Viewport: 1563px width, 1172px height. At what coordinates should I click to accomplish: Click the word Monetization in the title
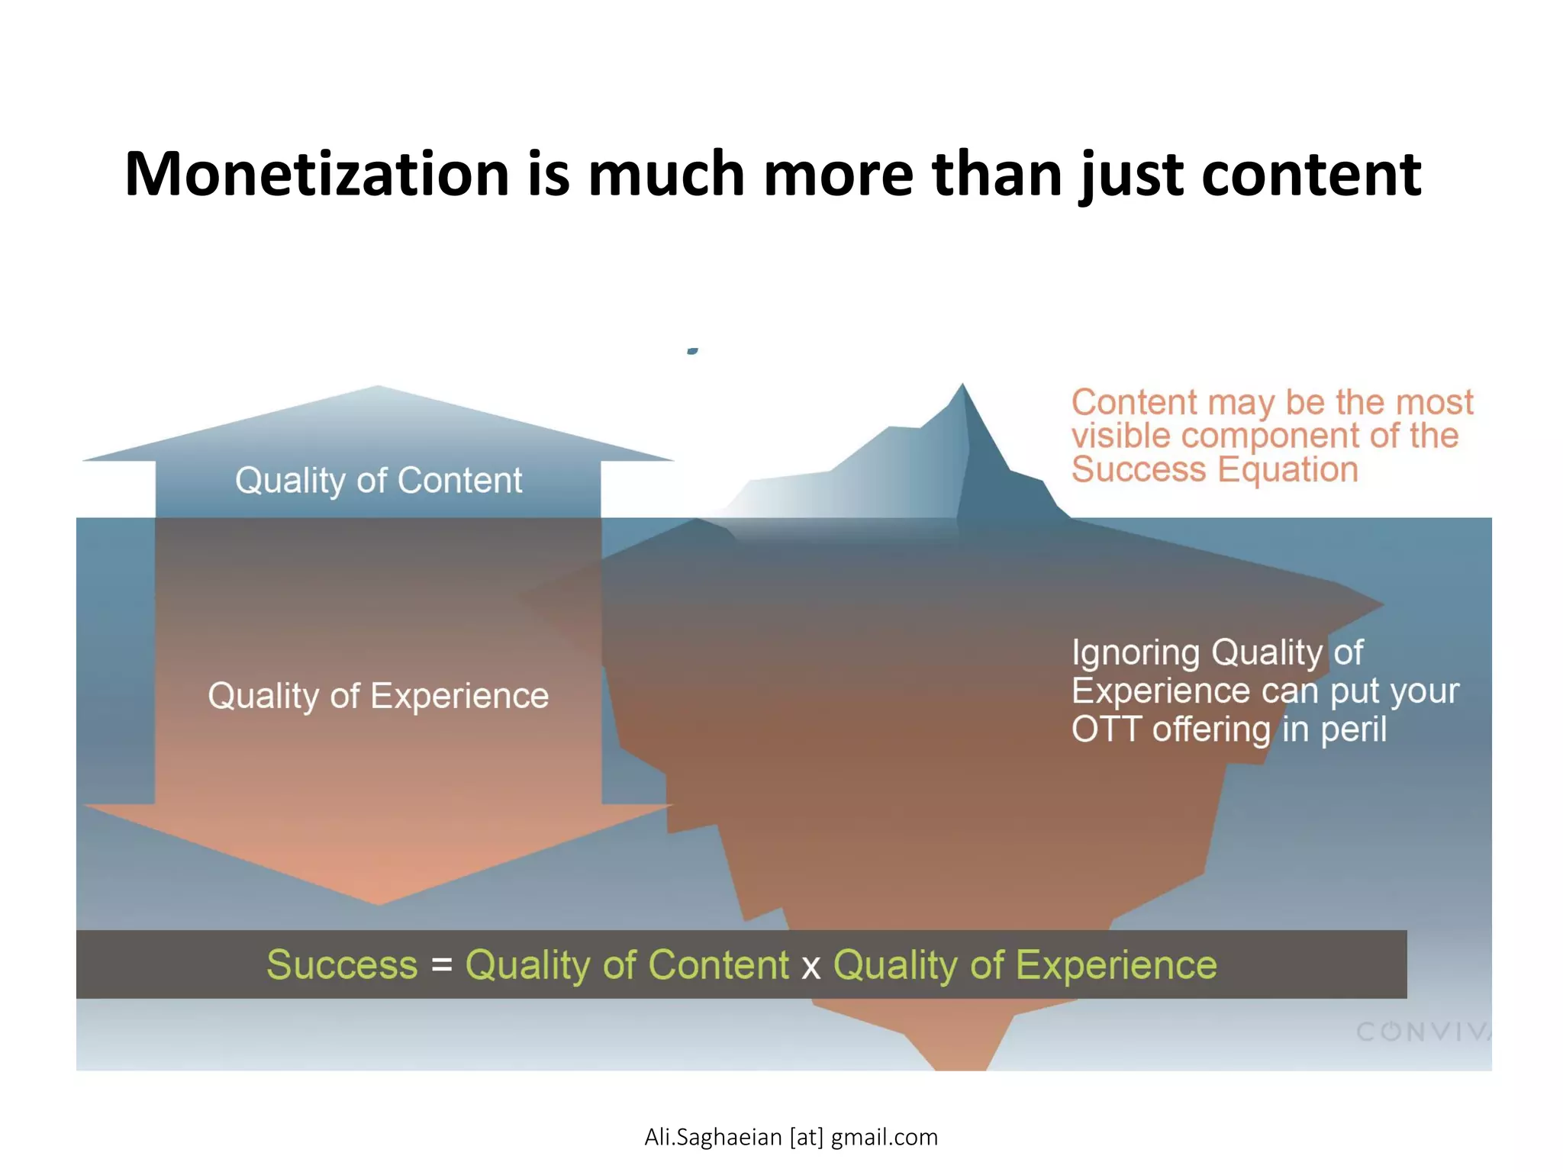pos(317,174)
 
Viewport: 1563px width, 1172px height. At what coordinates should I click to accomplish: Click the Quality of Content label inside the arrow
pos(379,481)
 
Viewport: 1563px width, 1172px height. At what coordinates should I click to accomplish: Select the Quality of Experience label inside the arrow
pos(379,696)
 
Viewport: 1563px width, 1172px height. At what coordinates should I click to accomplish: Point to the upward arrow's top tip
pos(379,388)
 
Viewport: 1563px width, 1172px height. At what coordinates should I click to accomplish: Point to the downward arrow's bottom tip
pos(379,903)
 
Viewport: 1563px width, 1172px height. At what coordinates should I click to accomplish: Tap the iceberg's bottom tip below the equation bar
pos(960,1066)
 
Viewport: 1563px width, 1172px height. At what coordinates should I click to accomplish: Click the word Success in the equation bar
pos(342,964)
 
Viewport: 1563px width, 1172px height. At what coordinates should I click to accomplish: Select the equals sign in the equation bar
pos(442,966)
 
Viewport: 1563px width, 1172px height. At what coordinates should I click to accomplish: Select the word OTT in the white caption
pos(1107,729)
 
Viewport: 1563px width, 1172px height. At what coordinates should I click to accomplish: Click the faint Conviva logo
pos(1423,1032)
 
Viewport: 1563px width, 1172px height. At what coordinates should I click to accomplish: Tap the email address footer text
pos(791,1137)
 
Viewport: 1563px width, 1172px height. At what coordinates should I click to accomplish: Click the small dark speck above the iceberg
pos(692,351)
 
